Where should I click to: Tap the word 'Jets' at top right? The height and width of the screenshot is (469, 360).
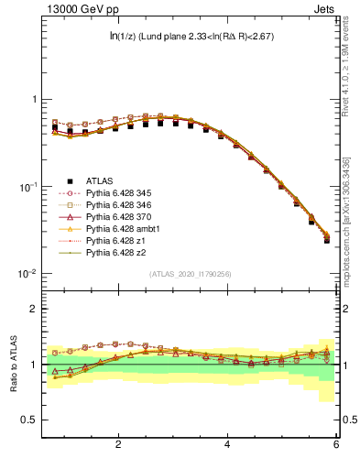pos(326,10)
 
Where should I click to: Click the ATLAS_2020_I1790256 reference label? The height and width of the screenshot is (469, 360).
pos(191,274)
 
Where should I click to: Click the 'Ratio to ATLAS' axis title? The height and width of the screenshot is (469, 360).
pos(14,364)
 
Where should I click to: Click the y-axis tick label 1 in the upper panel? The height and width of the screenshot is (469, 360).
pos(34,99)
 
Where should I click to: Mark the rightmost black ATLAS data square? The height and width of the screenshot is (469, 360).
pos(327,240)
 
